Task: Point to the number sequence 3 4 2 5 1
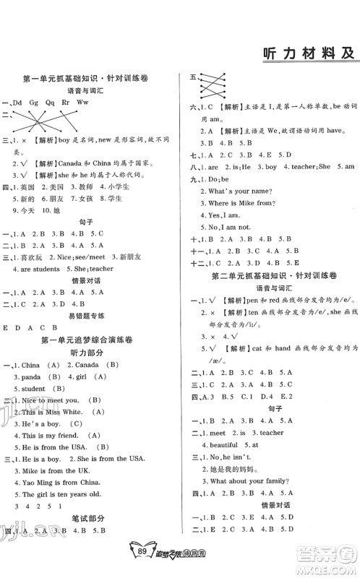[x=31, y=506]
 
